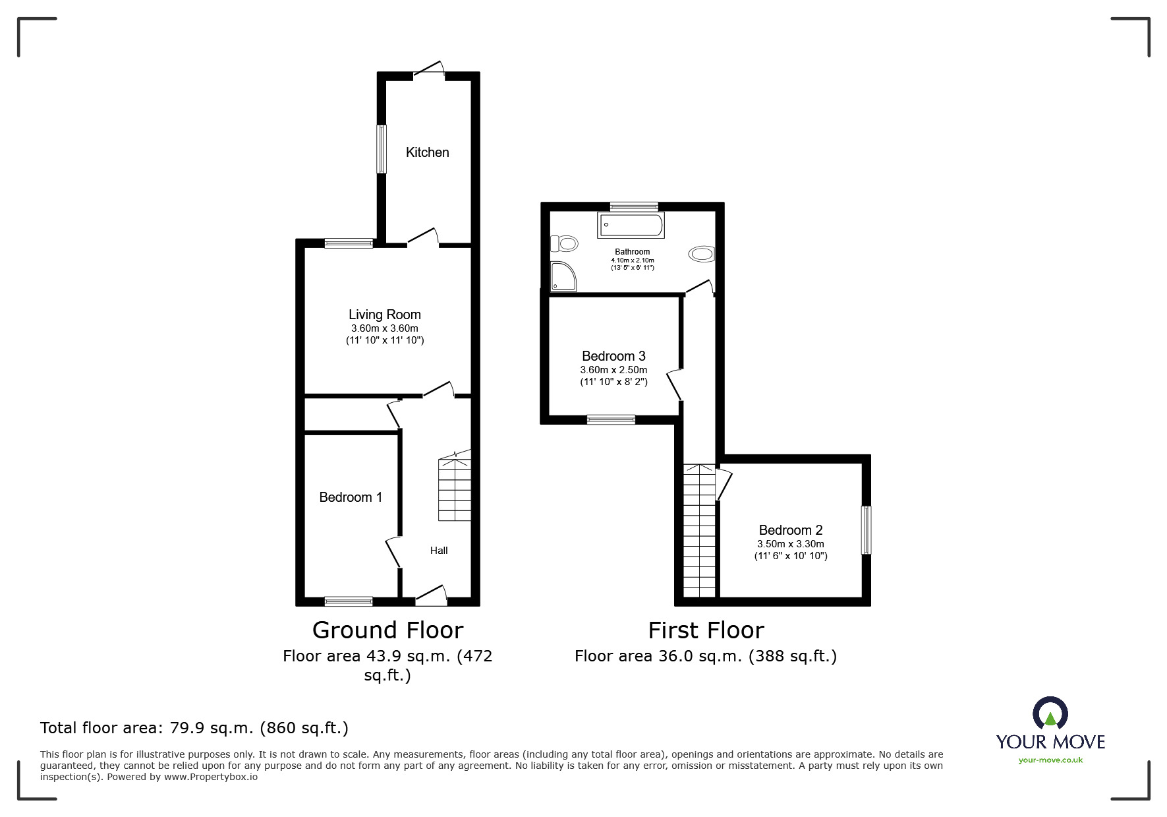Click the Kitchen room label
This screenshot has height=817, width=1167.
coord(427,152)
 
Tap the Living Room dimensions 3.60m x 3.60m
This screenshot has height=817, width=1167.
coord(384,328)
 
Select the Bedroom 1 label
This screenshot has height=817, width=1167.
coord(351,497)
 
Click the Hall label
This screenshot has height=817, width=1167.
coord(439,551)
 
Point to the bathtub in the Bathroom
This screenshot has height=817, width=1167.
coord(631,226)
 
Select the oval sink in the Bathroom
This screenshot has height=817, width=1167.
coord(702,255)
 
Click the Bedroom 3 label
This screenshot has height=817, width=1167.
coord(613,356)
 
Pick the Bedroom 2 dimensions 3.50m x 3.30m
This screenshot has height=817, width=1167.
coord(790,544)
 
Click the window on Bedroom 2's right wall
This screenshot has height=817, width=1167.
coord(867,530)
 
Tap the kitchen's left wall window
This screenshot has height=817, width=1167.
coord(381,149)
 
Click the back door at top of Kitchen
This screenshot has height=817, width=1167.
coord(430,71)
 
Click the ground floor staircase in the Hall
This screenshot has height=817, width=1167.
coord(455,488)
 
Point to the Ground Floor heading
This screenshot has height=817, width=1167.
coord(387,630)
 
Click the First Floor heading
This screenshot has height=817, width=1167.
coord(706,630)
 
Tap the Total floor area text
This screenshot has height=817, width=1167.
coord(194,728)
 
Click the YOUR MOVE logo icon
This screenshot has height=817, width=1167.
coord(1050,713)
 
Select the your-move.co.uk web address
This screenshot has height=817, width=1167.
coord(1050,760)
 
